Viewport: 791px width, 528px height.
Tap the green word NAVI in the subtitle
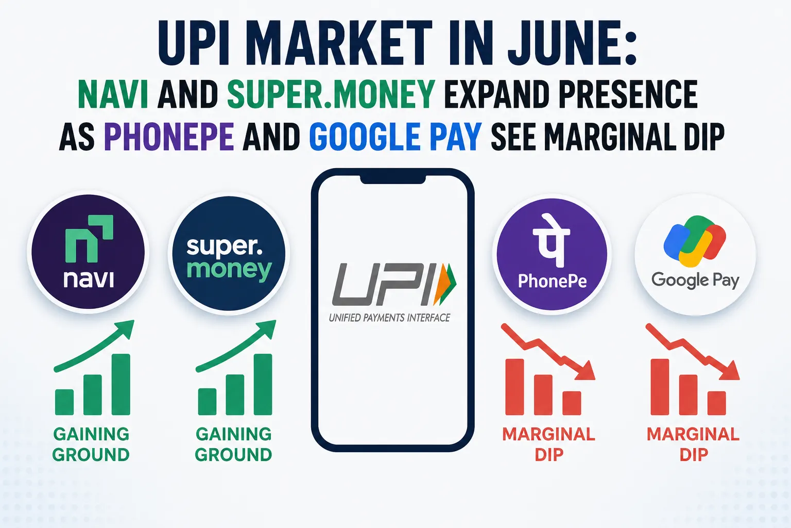tap(113, 94)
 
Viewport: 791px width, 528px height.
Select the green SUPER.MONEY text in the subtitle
tap(331, 94)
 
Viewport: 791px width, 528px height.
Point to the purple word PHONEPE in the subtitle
tap(169, 136)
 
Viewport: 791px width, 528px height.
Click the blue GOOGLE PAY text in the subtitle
tap(395, 136)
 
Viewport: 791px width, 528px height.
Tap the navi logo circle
tap(88, 252)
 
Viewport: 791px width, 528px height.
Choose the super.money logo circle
tap(229, 253)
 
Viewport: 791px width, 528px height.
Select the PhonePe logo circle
tap(552, 254)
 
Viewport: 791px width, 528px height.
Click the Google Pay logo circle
tap(695, 254)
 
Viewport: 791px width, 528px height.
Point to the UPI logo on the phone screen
tap(394, 285)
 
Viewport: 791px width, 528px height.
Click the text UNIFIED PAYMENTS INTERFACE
tap(389, 318)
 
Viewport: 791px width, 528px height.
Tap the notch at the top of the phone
tap(393, 179)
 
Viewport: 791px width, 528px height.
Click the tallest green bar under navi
tap(121, 385)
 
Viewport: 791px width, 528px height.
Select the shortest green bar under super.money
tap(208, 402)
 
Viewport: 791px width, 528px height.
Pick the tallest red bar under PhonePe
tap(514, 387)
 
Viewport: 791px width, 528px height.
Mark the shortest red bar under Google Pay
tap(716, 403)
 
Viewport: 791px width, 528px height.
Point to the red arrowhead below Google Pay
tap(730, 370)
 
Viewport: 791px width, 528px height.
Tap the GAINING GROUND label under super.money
tap(233, 444)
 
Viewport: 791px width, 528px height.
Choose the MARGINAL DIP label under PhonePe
tap(549, 444)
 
